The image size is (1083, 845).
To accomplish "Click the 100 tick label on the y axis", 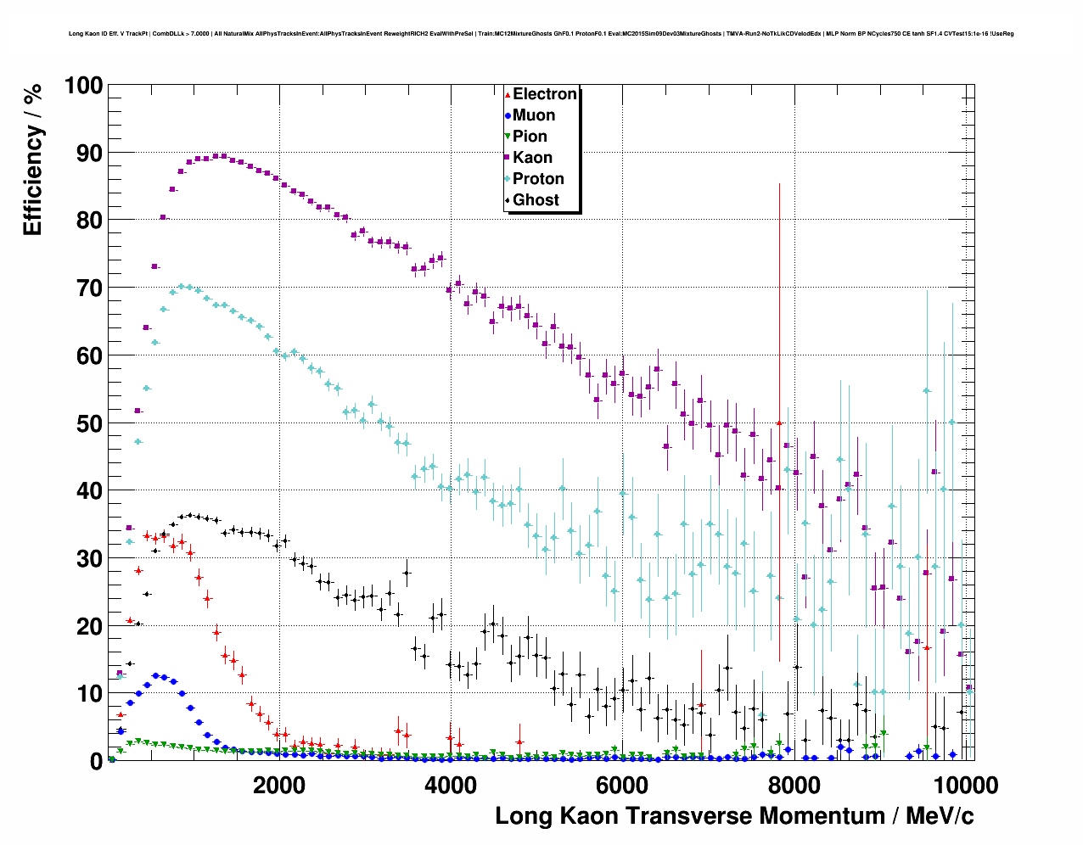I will click(83, 86).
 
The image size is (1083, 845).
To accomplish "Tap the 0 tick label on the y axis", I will click(97, 761).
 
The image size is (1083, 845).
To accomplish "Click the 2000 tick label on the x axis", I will click(279, 785).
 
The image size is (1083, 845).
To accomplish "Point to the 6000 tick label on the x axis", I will click(622, 785).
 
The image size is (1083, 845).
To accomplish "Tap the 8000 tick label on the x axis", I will click(794, 785).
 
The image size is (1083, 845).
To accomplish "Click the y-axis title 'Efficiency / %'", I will click(32, 159).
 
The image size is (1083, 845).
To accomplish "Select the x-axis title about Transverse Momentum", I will click(734, 816).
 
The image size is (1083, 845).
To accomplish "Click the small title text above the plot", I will click(541, 34).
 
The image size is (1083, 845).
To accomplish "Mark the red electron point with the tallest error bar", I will click(779, 422).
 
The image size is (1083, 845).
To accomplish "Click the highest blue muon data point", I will click(155, 675).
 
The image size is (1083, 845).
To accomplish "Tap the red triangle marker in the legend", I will click(508, 94).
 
